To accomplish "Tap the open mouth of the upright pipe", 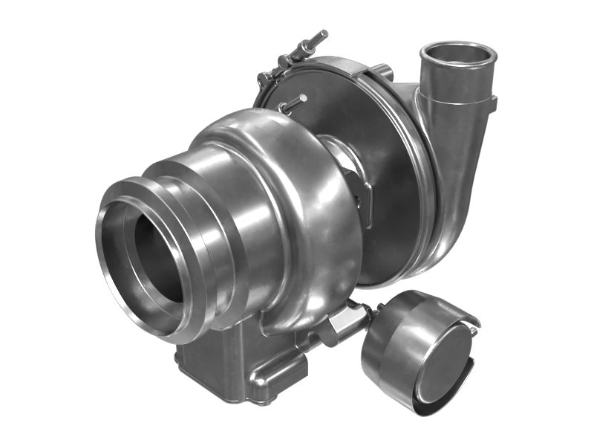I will click(x=457, y=56).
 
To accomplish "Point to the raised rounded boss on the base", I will click(x=275, y=379).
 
